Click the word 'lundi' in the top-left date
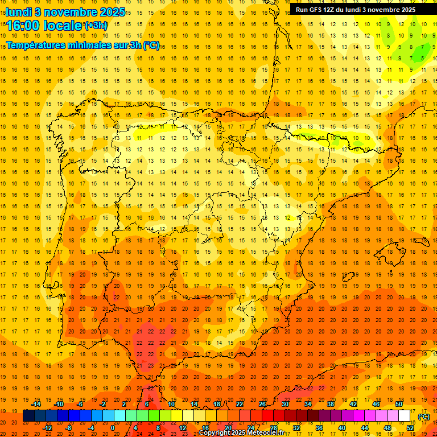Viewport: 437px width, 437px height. click(x=19, y=11)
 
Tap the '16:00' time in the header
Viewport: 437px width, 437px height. click(x=23, y=26)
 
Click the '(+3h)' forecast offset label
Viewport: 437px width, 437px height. click(x=95, y=25)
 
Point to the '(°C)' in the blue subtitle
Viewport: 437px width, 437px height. click(x=151, y=46)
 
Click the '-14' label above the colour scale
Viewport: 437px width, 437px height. click(x=36, y=404)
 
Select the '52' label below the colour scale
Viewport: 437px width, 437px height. click(x=410, y=428)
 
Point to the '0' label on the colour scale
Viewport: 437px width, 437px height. click(x=113, y=428)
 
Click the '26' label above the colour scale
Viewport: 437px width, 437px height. click(x=262, y=404)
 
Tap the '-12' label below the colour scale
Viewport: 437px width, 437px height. click(x=47, y=428)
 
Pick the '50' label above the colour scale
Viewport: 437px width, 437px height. click(x=399, y=404)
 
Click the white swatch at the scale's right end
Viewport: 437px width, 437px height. click(x=405, y=416)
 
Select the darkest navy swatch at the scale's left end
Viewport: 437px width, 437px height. click(x=28, y=416)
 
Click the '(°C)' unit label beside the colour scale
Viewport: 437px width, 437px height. click(x=423, y=417)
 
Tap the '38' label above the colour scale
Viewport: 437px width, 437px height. click(x=331, y=404)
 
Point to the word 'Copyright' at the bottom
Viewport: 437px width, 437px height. click(x=216, y=433)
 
